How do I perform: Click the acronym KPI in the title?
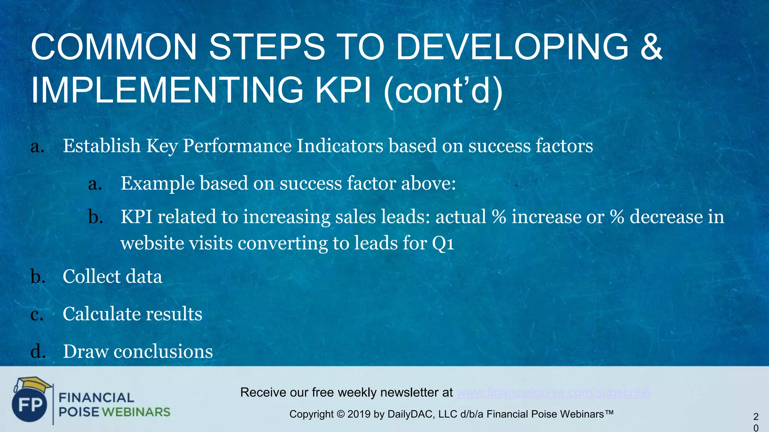click(x=343, y=90)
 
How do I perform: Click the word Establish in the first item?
click(x=101, y=145)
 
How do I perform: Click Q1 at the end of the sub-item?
click(x=443, y=244)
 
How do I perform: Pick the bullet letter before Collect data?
click(x=38, y=276)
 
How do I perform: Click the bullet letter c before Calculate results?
click(x=37, y=314)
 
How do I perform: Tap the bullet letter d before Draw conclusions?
click(x=38, y=351)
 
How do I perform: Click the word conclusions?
click(x=163, y=352)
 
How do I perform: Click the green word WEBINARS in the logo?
click(x=136, y=412)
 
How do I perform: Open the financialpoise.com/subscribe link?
click(x=553, y=393)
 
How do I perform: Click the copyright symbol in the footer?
click(x=340, y=414)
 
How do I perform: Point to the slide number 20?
click(x=755, y=422)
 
